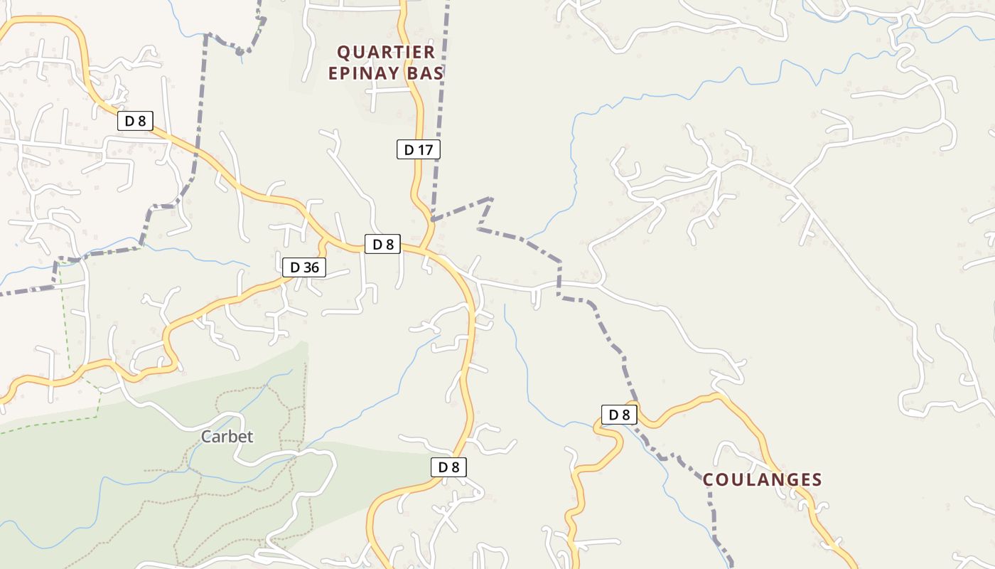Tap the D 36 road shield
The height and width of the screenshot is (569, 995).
pos(304,267)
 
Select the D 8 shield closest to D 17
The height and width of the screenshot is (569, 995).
pos(383,244)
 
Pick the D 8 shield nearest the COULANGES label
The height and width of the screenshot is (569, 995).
pos(619,415)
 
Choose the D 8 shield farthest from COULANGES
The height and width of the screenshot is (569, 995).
pos(135,121)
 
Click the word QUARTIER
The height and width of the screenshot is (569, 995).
pos(386,52)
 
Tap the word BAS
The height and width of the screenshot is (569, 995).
pos(429,73)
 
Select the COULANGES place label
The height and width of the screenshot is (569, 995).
pos(762,480)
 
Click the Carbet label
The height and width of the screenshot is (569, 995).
pos(227,437)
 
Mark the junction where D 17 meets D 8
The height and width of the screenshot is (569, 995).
pos(424,250)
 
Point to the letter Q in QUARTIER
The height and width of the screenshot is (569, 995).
pos(343,52)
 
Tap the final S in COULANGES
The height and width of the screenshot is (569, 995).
pos(817,480)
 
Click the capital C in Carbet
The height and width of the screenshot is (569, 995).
pos(207,437)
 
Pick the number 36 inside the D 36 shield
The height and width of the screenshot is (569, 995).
pos(311,267)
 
